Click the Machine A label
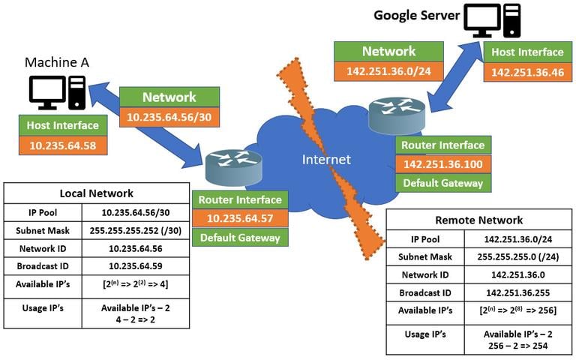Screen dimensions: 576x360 click(57, 62)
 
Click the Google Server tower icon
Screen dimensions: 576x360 click(512, 20)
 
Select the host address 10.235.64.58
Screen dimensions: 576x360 click(63, 145)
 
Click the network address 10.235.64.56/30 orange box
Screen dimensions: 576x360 click(169, 117)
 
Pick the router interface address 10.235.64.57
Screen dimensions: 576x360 click(240, 218)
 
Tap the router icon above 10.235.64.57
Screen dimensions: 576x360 click(234, 167)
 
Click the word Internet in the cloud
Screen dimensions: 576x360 click(326, 160)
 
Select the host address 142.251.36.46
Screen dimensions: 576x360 click(527, 72)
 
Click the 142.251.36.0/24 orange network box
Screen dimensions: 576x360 click(388, 71)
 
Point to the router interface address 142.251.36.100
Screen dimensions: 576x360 click(443, 164)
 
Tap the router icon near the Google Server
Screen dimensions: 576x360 click(397, 115)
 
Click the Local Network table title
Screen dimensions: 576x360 click(97, 193)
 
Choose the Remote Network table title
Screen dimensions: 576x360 click(479, 220)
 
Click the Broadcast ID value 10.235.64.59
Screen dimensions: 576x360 click(136, 266)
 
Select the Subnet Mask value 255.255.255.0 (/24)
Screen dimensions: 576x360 click(518, 256)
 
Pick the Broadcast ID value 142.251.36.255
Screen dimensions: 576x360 click(518, 292)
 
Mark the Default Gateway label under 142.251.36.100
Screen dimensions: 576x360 click(443, 183)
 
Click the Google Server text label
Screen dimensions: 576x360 click(416, 16)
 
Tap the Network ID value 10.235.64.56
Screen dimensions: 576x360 click(136, 249)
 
